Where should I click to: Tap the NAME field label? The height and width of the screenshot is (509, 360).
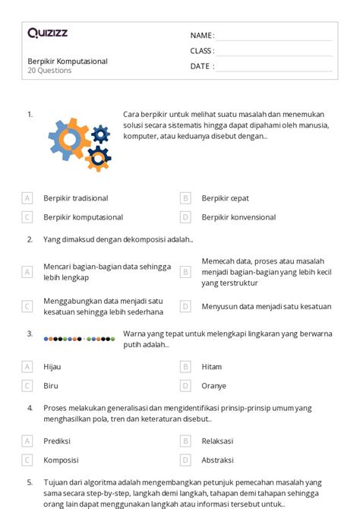pos(202,36)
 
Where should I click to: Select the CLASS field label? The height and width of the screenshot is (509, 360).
pos(202,51)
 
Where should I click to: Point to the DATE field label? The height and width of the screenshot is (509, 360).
pos(202,66)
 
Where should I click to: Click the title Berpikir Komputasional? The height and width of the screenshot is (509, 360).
pos(67,61)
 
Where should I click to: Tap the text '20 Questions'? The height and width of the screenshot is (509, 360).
pos(49,71)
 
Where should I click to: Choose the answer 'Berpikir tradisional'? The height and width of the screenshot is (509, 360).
pos(76,198)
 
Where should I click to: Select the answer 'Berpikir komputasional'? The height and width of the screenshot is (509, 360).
pos(83,217)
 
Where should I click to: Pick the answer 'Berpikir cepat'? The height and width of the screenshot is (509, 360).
pos(226,198)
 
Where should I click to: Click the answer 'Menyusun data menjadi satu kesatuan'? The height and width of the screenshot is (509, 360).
pos(266,307)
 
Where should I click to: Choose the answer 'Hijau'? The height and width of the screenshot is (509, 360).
pos(52,366)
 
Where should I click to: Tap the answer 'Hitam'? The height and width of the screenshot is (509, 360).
pos(212,366)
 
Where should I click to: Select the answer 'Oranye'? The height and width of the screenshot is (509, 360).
pos(213,385)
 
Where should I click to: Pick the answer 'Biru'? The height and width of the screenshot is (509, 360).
pos(51,385)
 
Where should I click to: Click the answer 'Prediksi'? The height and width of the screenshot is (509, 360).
pos(57,441)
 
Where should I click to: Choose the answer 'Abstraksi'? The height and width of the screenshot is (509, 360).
pos(217,460)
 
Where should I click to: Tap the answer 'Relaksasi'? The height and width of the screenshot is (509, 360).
pos(217,441)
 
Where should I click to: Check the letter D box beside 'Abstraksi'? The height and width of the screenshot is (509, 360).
pos(185,460)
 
